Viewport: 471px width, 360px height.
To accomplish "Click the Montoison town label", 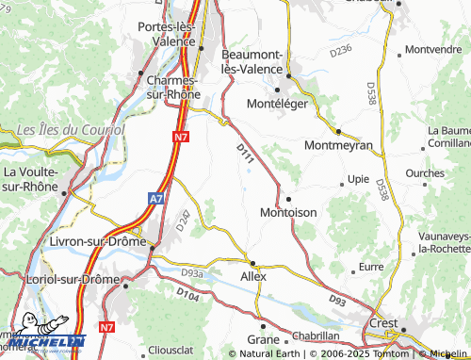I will [287, 213].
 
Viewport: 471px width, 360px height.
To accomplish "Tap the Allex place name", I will [253, 276].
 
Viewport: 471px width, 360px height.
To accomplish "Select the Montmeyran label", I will [339, 146].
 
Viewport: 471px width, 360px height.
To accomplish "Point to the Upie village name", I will [358, 178].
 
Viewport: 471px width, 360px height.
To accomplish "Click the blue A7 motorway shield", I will [156, 199].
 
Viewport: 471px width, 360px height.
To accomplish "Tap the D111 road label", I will [245, 156].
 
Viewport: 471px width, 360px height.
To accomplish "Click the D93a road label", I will [191, 273].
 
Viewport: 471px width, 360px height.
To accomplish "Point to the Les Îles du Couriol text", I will [72, 128].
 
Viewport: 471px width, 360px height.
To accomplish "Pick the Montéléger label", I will [277, 104].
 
